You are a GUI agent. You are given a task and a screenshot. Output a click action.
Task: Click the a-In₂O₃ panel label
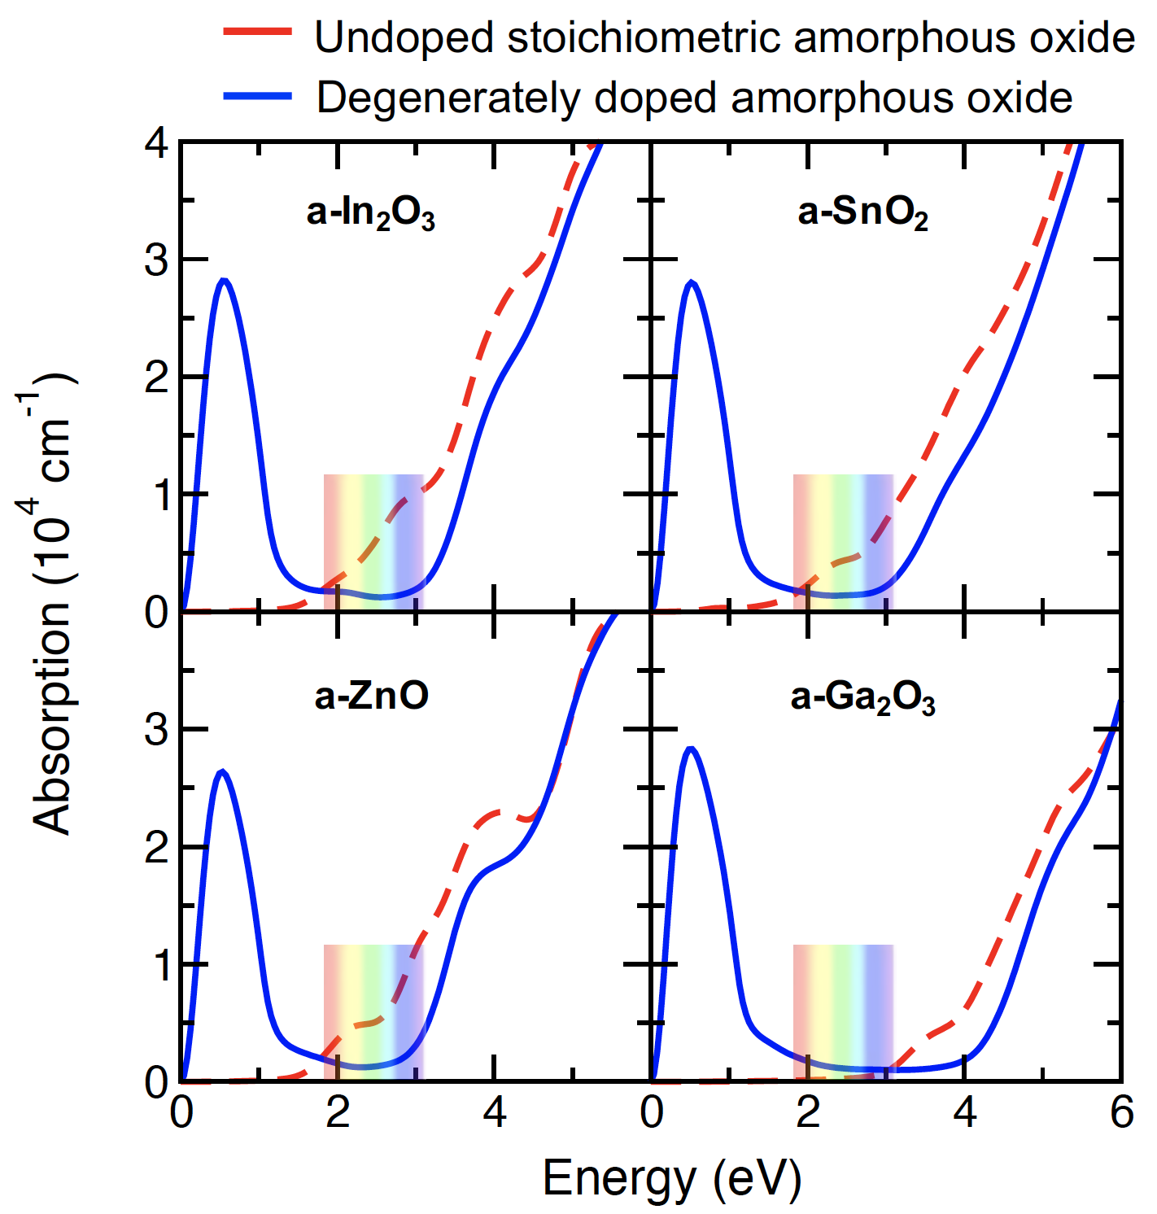pos(371,213)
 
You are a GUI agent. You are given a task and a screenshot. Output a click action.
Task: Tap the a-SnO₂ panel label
pos(862,213)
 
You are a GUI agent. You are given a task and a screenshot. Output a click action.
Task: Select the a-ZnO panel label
pos(371,697)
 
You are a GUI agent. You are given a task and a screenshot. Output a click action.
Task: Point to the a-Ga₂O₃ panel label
pos(862,698)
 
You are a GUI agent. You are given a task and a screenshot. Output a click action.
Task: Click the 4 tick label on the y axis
pos(156,144)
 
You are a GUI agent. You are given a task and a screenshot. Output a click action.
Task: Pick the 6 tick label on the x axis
pos(1121,1111)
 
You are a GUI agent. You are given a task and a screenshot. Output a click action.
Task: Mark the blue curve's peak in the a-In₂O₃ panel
pos(224,281)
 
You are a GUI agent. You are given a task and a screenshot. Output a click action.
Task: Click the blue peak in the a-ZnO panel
pos(221,771)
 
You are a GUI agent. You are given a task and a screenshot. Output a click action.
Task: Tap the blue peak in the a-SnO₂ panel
pos(692,282)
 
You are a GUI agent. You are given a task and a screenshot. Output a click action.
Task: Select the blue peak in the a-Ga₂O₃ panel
pos(691,749)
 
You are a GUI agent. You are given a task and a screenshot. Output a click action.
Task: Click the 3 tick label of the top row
pos(156,261)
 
